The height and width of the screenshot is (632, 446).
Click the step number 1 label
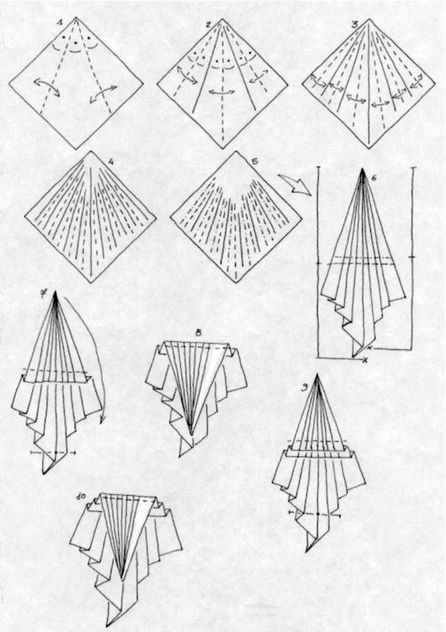59,24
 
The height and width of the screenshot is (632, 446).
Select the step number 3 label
355,25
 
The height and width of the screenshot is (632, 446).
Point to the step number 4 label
111,162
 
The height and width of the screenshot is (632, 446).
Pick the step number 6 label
374,178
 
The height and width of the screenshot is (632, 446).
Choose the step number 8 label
198,333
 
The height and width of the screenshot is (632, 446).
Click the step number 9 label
305,388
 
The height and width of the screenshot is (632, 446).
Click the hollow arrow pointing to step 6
295,183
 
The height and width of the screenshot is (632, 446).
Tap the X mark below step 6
365,359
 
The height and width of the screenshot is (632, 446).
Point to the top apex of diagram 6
363,169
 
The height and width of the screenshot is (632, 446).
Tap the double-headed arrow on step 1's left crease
46,87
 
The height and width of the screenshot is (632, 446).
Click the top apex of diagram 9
317,374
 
